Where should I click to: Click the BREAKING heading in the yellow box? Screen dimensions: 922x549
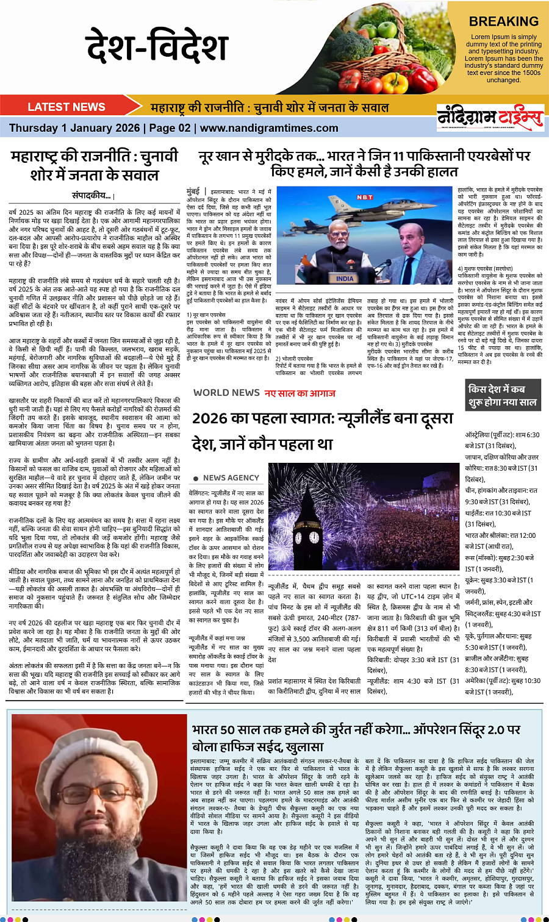(504, 21)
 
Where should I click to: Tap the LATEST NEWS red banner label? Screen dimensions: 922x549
(66, 107)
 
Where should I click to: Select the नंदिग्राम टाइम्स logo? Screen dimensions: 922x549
(490, 117)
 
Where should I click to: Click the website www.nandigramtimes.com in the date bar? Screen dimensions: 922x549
(269, 128)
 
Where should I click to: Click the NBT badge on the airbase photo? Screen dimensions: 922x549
(365, 197)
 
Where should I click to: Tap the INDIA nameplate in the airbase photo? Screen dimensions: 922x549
(345, 278)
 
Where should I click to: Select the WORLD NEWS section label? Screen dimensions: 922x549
(226, 393)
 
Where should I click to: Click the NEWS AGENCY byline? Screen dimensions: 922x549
(231, 478)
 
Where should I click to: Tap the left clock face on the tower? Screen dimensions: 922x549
(297, 537)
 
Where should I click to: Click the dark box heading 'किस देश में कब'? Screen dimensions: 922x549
(496, 389)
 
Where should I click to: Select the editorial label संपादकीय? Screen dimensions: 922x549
(91, 196)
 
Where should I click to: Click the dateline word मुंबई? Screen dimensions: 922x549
(193, 191)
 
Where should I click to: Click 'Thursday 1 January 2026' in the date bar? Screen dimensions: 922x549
(74, 128)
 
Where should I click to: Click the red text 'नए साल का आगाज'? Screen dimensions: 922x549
(300, 393)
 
